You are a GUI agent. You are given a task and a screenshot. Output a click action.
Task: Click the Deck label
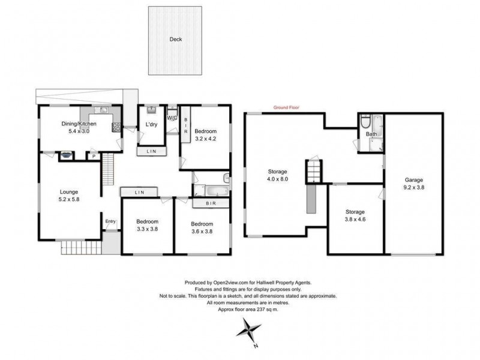175,40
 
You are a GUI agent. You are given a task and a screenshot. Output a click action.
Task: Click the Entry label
110,221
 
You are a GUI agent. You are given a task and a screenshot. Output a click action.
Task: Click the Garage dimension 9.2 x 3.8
414,187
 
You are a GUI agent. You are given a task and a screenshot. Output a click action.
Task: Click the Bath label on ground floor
371,134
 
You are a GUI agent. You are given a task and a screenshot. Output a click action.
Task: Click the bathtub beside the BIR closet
210,191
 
